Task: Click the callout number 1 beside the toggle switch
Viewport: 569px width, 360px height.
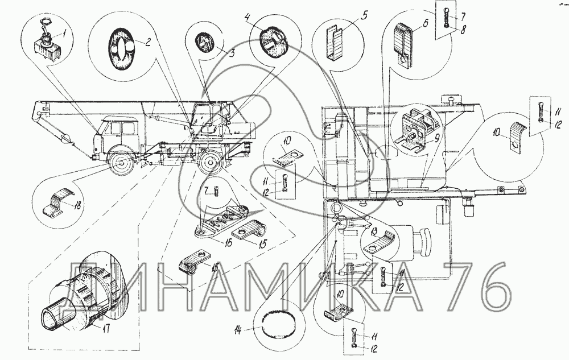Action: pos(64,35)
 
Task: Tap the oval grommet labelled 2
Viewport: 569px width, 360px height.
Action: pos(121,48)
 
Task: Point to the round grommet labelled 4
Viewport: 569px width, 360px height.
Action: pos(274,42)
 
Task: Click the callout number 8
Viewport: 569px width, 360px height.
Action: pos(463,31)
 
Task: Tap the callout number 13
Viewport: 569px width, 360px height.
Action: pos(374,231)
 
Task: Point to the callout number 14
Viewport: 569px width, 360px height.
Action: pos(238,329)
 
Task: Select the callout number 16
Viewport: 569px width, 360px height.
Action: pos(228,243)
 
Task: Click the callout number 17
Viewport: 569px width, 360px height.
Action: pos(106,329)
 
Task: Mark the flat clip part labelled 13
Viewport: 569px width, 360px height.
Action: pos(379,243)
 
